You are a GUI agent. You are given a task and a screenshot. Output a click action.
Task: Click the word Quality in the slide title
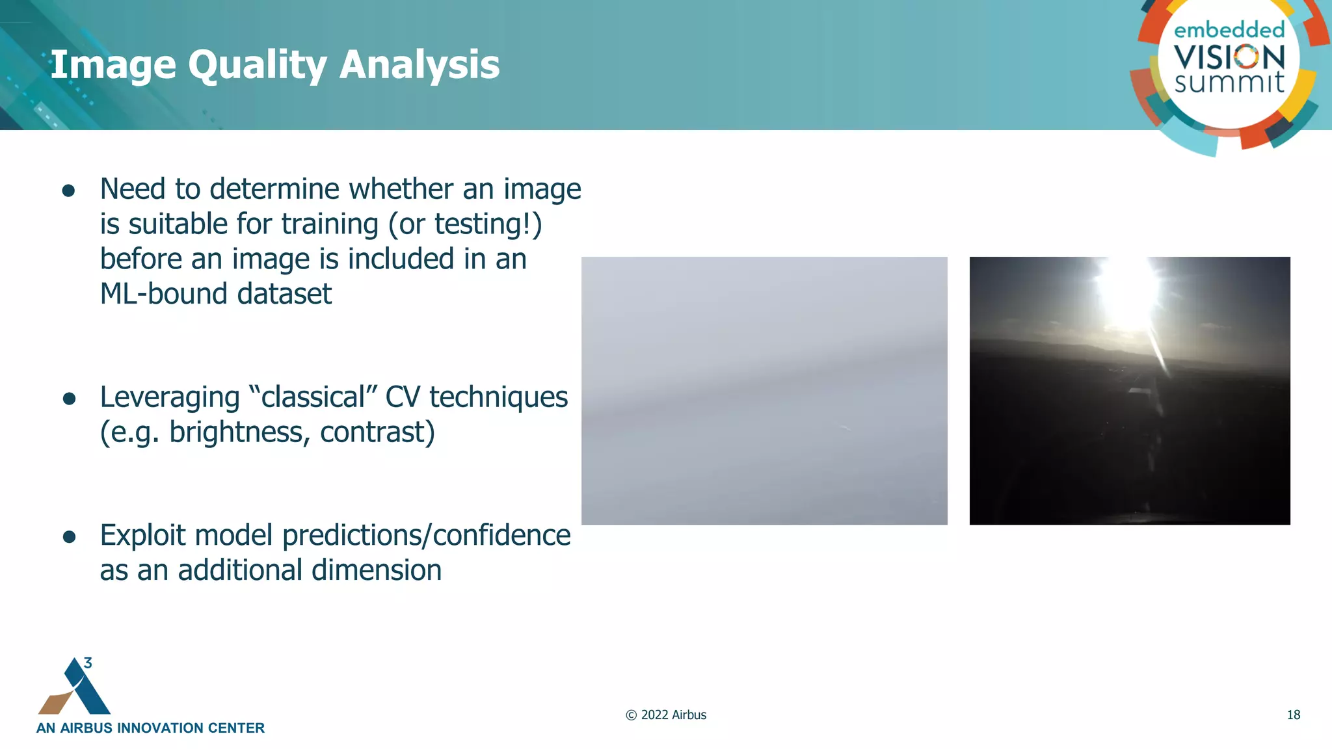point(258,65)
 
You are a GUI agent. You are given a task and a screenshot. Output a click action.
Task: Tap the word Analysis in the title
point(420,65)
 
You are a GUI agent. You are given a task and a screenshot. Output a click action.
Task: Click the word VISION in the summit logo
point(1229,57)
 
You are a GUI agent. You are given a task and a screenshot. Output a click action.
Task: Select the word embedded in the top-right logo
point(1229,30)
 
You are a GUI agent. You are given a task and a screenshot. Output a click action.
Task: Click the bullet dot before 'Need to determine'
point(68,191)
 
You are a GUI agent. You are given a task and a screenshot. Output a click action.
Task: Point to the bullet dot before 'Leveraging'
point(69,399)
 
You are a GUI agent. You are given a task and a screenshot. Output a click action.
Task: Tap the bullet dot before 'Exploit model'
point(69,537)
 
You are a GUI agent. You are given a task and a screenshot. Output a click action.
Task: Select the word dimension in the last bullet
point(377,570)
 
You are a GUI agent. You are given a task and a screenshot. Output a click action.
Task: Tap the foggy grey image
point(764,390)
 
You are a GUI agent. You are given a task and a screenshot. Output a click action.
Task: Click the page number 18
point(1293,715)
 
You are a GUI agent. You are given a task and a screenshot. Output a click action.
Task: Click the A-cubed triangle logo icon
point(75,688)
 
